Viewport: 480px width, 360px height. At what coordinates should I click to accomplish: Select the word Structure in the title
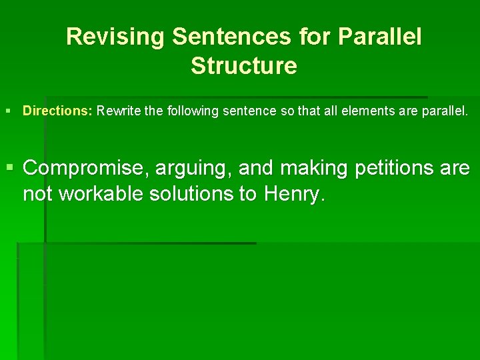[243, 66]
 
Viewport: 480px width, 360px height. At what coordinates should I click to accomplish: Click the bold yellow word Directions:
[57, 111]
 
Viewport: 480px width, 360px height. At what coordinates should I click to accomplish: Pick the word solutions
[202, 194]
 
